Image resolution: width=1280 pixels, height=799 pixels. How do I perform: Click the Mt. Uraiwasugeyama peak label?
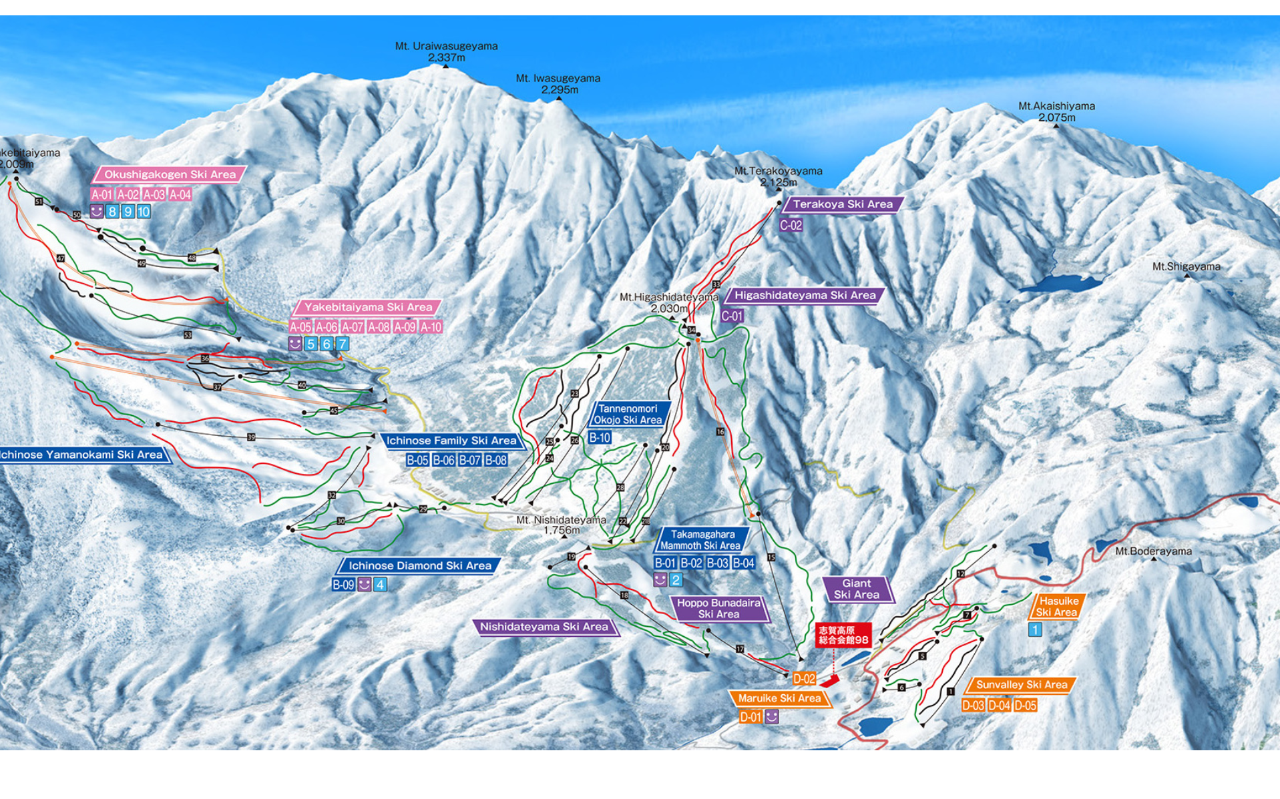[x=446, y=51]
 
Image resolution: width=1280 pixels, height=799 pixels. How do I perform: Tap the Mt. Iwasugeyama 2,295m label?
[x=558, y=83]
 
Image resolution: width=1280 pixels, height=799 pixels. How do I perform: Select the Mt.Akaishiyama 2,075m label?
[x=1056, y=111]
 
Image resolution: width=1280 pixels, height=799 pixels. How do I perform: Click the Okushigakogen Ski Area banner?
[x=170, y=174]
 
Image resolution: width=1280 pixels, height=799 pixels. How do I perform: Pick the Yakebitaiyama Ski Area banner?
[x=368, y=307]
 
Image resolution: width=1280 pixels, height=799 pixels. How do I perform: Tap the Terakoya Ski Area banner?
[x=842, y=204]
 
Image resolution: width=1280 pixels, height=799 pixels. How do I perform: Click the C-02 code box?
[x=791, y=226]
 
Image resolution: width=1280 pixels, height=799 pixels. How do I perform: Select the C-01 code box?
[x=732, y=316]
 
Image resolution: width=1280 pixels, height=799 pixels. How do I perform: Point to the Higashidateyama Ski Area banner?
[x=805, y=295]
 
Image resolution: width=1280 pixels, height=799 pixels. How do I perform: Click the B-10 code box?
[x=600, y=438]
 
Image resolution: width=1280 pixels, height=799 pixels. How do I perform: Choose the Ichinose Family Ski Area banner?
[x=451, y=441]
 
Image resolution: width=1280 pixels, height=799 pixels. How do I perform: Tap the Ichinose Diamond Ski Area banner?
[x=419, y=565]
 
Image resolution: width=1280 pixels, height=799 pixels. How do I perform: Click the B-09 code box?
[x=343, y=585]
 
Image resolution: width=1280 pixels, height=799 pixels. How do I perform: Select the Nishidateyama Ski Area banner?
[x=544, y=627]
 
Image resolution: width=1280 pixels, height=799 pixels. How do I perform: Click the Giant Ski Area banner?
[x=857, y=589]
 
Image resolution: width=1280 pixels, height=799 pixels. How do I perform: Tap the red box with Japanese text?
[x=843, y=635]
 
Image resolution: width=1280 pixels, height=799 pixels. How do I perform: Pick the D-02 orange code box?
[x=804, y=679]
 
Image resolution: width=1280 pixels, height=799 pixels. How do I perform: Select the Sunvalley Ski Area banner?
[x=1021, y=685]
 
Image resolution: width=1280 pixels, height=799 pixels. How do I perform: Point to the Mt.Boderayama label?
[x=1153, y=551]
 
